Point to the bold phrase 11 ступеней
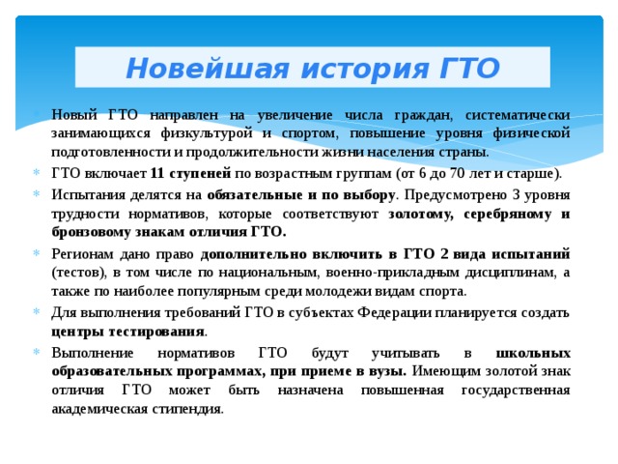click(190, 174)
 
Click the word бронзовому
click(94, 232)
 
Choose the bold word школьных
click(531, 353)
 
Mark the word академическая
click(101, 409)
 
